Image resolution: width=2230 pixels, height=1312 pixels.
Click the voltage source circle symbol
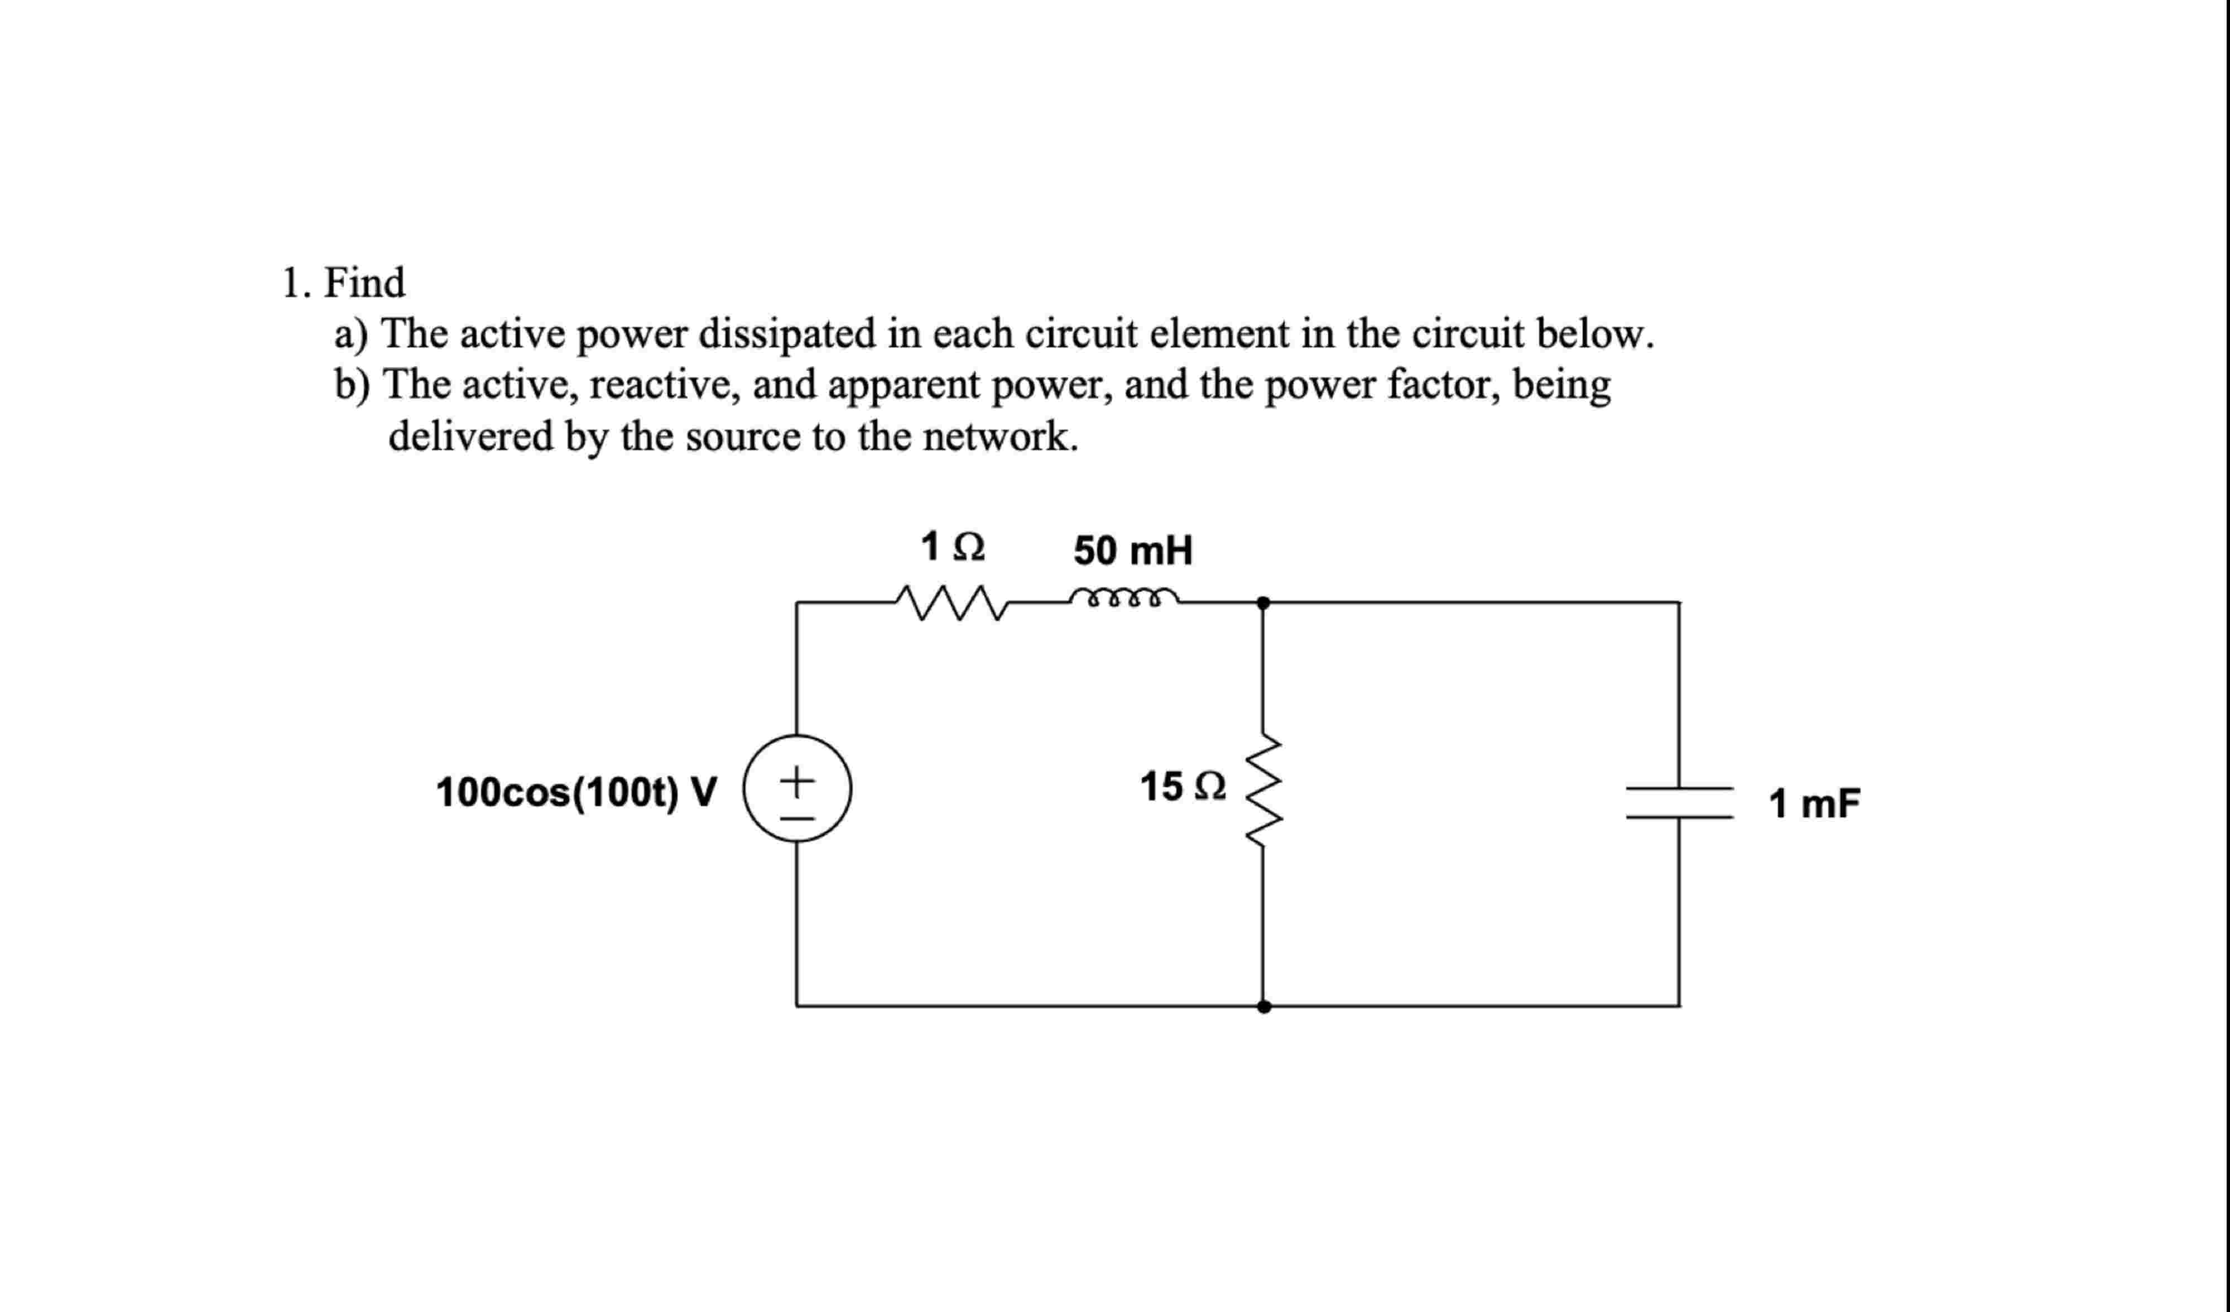pos(797,788)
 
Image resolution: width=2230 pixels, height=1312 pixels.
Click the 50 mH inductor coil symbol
pos(1124,597)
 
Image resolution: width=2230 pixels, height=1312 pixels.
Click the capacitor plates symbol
pos(1679,802)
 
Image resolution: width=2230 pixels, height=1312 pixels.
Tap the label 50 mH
pos(1133,550)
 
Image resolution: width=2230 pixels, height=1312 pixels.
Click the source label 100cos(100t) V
pos(576,792)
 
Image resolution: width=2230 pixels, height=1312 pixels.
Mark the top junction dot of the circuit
pos(1263,603)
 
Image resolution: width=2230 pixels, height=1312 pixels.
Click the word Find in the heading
pos(364,283)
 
